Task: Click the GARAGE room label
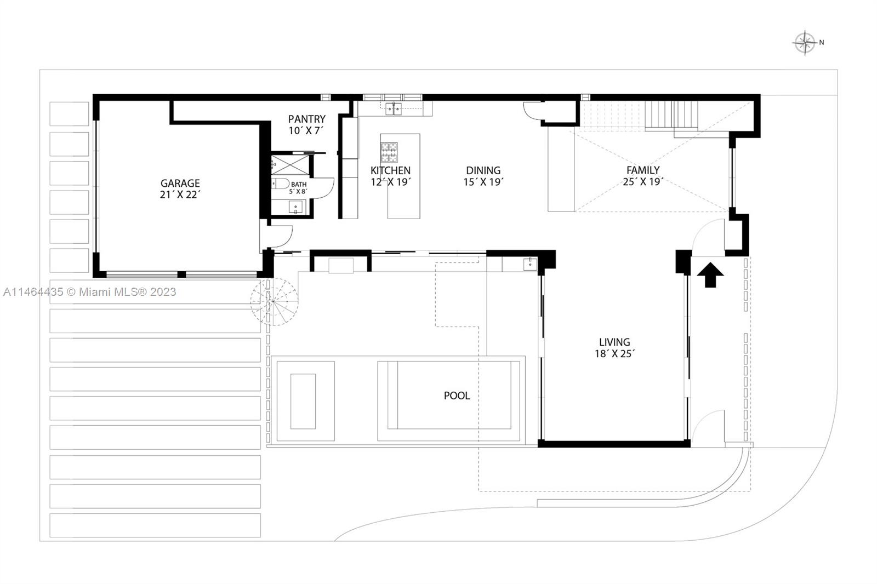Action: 180,183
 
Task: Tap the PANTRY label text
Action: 306,119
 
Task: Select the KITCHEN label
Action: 390,170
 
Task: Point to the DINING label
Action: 483,170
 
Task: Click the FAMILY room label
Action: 643,170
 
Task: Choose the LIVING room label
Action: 614,342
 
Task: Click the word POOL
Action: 457,396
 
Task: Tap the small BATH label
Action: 299,185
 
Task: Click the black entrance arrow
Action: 710,274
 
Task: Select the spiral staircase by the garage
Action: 274,302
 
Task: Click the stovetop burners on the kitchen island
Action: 389,151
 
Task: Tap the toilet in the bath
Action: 280,184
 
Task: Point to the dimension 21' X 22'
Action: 180,194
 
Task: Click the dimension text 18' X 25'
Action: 614,354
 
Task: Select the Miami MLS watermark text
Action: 90,292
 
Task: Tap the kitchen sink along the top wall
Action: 393,108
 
